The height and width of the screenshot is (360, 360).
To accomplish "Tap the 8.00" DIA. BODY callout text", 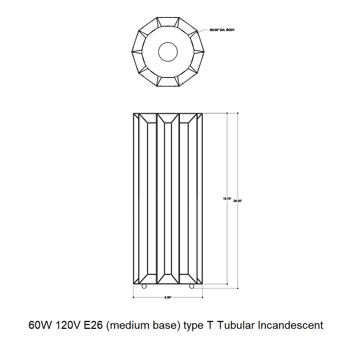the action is (x=222, y=30).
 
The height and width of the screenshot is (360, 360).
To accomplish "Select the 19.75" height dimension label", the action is (x=227, y=199).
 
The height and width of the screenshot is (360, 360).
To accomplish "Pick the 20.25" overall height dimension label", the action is (x=238, y=201).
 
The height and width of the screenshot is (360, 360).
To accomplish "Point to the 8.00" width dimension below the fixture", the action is (x=168, y=297).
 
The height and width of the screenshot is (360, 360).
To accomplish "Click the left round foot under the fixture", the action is (x=144, y=286).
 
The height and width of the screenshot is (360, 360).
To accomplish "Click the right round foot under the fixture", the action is (x=191, y=286).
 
